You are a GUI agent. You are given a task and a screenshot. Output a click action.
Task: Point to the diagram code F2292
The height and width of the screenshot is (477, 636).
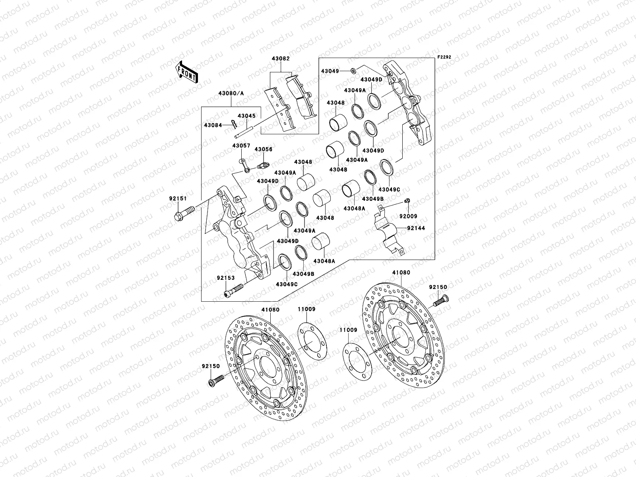[x=444, y=57]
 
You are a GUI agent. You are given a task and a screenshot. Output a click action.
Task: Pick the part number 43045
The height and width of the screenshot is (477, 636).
[x=246, y=116]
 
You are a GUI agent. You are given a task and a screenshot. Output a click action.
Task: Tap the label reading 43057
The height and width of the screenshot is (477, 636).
[x=241, y=146]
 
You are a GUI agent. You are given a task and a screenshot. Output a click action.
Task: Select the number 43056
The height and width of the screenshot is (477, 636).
[x=264, y=149]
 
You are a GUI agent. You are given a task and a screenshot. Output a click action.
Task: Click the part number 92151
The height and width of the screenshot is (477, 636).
[x=178, y=198]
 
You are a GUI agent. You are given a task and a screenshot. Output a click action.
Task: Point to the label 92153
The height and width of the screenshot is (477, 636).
[x=226, y=278]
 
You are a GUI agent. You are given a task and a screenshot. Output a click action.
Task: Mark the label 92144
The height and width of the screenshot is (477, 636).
[x=416, y=229]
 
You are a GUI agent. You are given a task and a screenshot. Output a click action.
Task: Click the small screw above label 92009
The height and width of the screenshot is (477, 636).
[x=407, y=200]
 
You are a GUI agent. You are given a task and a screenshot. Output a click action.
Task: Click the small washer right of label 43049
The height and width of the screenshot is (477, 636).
[x=353, y=71]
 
